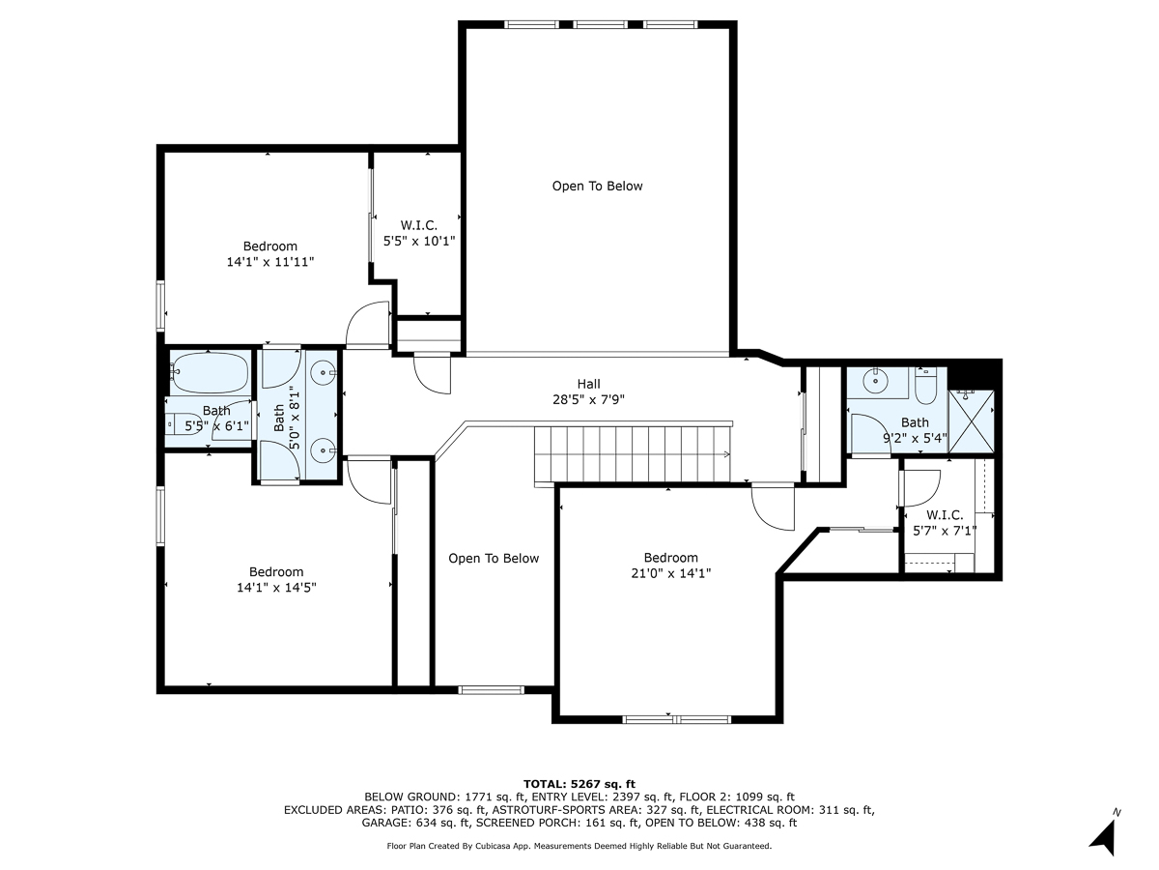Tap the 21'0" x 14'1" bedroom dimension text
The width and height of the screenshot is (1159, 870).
point(670,573)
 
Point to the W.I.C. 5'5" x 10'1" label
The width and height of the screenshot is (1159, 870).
point(418,233)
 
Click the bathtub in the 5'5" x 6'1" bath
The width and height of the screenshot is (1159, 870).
point(210,372)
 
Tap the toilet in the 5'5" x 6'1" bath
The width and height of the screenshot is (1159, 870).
point(181,422)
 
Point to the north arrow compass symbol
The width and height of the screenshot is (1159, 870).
point(1105,833)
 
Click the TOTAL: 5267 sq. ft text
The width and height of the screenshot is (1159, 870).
point(579,784)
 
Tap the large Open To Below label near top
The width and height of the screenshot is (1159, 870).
point(597,186)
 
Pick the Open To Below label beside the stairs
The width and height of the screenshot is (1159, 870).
point(494,558)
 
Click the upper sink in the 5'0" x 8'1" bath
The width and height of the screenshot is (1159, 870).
point(325,370)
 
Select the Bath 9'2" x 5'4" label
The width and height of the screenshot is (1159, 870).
point(915,430)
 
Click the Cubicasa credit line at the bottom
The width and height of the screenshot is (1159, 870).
point(579,846)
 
